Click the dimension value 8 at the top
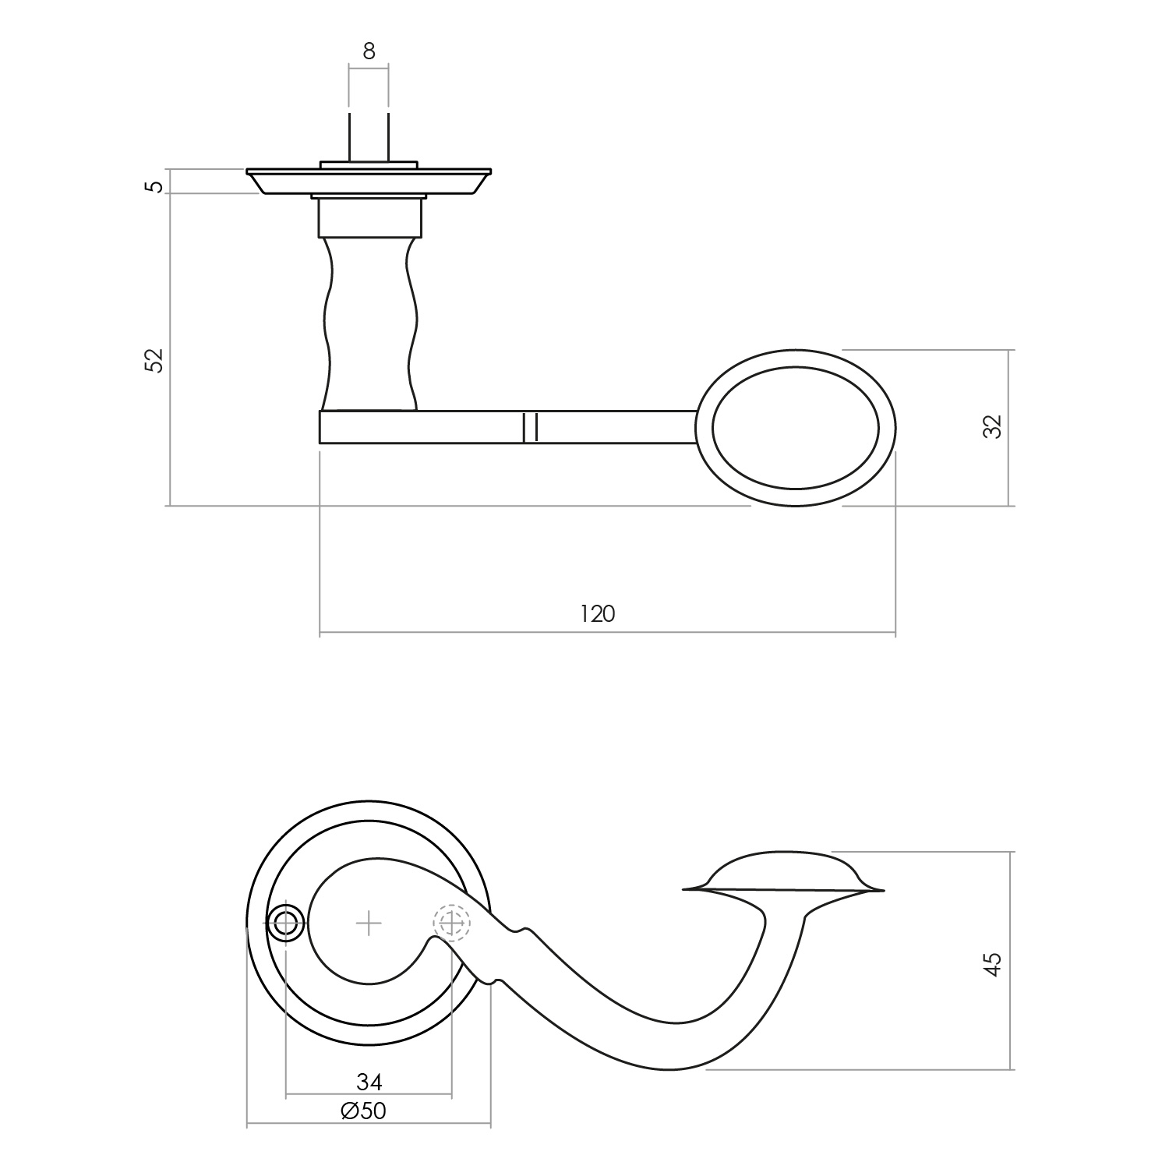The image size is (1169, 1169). [369, 51]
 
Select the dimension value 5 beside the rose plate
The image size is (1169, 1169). [156, 186]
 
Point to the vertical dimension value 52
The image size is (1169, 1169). [156, 360]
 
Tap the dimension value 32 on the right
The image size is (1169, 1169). [991, 426]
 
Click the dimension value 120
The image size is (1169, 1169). [598, 614]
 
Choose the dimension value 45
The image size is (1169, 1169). [991, 963]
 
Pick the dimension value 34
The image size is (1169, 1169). [369, 1082]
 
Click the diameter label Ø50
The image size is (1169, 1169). [364, 1111]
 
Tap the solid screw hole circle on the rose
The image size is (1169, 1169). [286, 924]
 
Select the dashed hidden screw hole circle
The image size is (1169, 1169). [452, 924]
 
